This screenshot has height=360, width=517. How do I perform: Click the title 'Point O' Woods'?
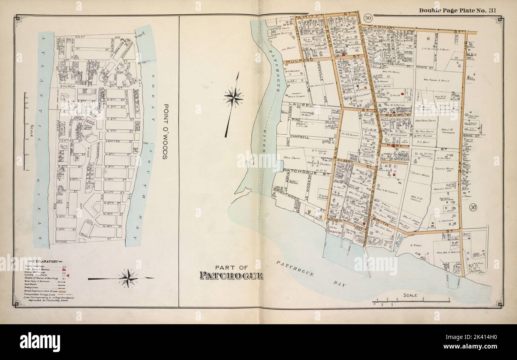pos(163,132)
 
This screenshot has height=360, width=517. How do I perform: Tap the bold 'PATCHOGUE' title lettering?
pos(231,276)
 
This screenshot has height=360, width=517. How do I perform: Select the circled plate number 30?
pos(368,18)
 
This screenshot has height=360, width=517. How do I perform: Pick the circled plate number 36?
pos(473,207)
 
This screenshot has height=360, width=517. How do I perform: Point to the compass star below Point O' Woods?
pos(128,278)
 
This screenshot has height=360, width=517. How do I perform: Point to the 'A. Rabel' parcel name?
pos(416,245)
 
